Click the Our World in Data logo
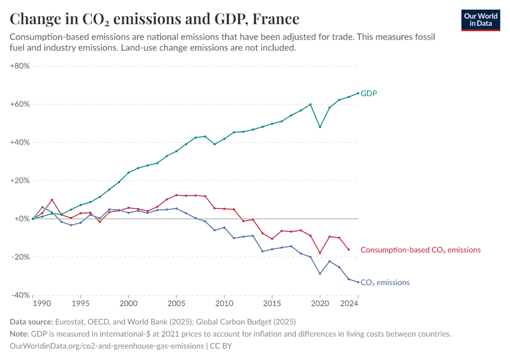click(x=481, y=20)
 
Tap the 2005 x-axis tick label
click(x=176, y=305)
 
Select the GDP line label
click(x=369, y=94)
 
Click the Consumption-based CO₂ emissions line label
click(x=421, y=250)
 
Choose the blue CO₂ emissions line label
click(x=385, y=283)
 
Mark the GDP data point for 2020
click(x=320, y=127)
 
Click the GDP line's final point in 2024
click(x=358, y=93)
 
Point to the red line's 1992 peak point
click(x=52, y=200)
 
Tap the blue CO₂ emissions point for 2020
click(x=320, y=274)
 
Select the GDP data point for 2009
click(x=215, y=144)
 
